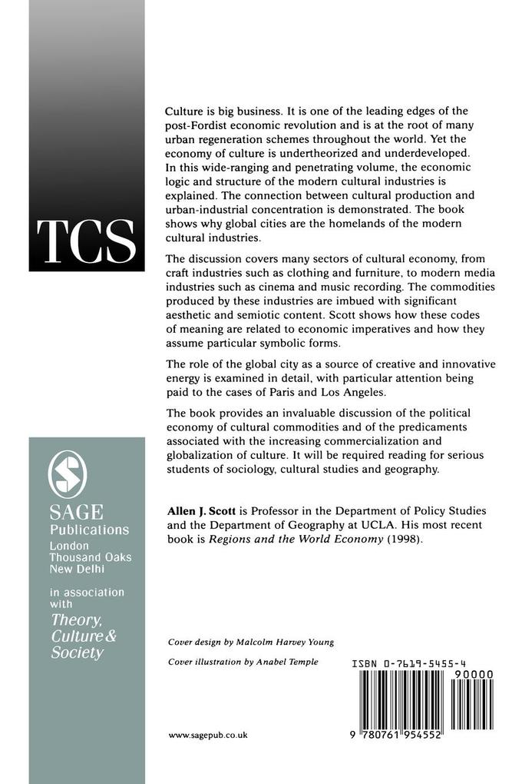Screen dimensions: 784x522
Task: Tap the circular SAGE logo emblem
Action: pyautogui.click(x=68, y=472)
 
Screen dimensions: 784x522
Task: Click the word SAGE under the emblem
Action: pyautogui.click(x=76, y=513)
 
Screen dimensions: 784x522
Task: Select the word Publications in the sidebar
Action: pyautogui.click(x=89, y=530)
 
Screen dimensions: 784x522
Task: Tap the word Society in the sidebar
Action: pyautogui.click(x=76, y=653)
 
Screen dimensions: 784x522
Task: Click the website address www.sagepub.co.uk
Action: pyautogui.click(x=207, y=734)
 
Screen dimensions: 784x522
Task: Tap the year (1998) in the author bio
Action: pyautogui.click(x=405, y=539)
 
